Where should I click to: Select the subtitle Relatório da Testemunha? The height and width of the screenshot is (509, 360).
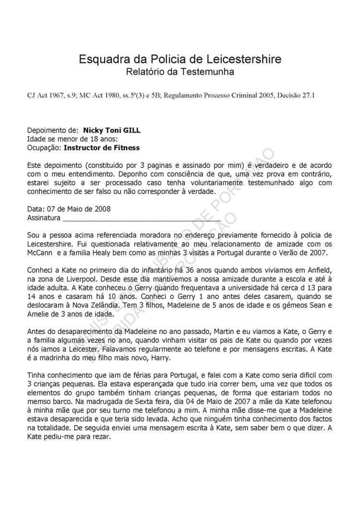(180, 72)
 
